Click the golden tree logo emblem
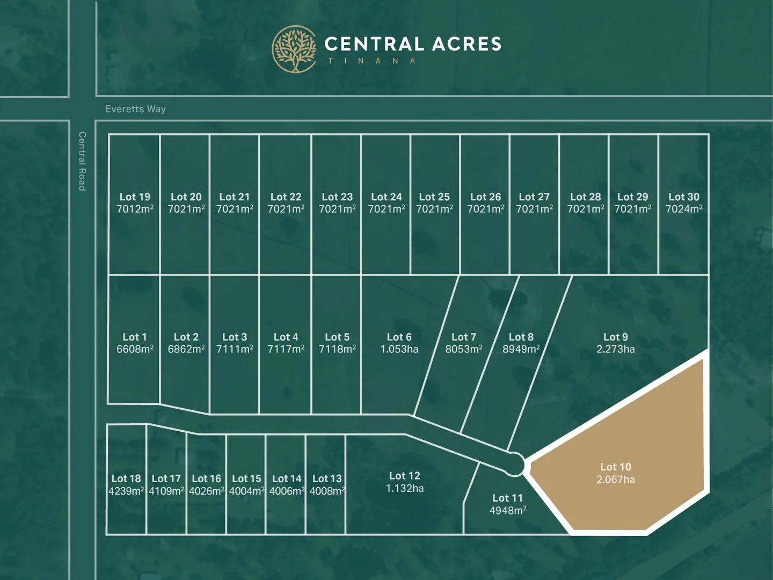click(x=294, y=49)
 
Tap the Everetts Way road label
click(x=136, y=109)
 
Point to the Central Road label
click(x=82, y=161)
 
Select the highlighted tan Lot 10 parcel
click(x=623, y=462)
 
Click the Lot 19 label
click(x=135, y=197)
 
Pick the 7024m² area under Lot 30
click(x=684, y=209)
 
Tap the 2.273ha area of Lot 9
click(x=615, y=349)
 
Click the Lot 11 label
click(x=507, y=498)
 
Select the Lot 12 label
click(x=404, y=476)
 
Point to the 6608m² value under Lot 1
click(x=135, y=349)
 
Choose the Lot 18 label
click(x=126, y=479)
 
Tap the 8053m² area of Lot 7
click(x=463, y=349)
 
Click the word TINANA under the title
click(x=372, y=61)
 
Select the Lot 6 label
click(x=399, y=337)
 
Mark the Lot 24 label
click(x=386, y=197)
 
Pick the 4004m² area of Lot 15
click(x=246, y=491)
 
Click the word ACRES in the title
click(x=466, y=44)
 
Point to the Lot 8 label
click(x=521, y=337)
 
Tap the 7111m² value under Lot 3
click(x=235, y=349)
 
